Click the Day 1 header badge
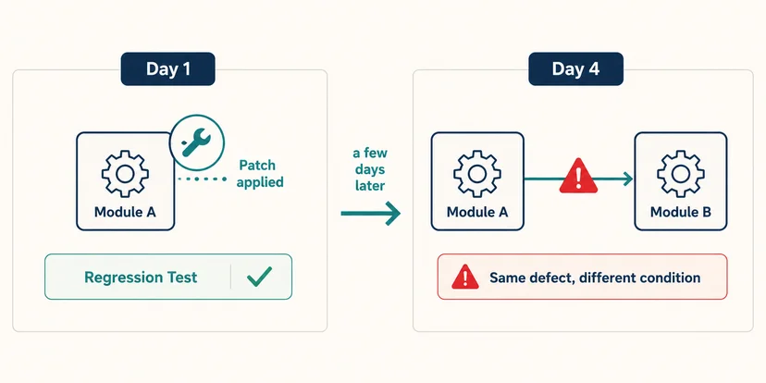click(x=168, y=68)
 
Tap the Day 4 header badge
click(x=576, y=68)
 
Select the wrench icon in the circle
click(x=196, y=142)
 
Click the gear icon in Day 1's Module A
click(x=125, y=174)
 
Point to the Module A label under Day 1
click(x=125, y=212)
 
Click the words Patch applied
click(x=260, y=174)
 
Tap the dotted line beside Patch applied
click(x=203, y=179)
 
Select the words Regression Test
click(x=141, y=277)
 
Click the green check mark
click(x=259, y=277)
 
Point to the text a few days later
click(x=370, y=169)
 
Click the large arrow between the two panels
click(x=370, y=213)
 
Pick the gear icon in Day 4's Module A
click(x=477, y=174)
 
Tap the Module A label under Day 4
click(x=477, y=212)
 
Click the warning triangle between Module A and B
click(x=578, y=176)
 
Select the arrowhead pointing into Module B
click(x=626, y=179)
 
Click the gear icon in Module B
click(x=681, y=174)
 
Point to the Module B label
click(x=681, y=212)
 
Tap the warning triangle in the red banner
click(x=465, y=277)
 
